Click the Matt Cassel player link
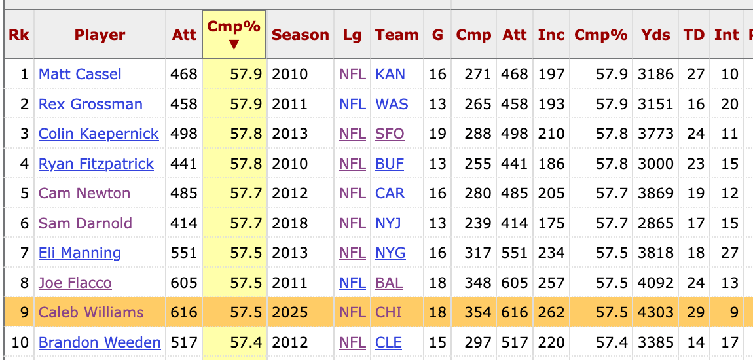coord(80,75)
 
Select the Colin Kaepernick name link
coord(98,134)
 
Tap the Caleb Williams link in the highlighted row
coord(91,313)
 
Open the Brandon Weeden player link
coord(100,342)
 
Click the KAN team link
coord(390,75)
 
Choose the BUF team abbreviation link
coord(390,164)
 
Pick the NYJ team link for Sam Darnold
coord(388,224)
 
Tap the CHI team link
coord(388,313)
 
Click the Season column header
coord(301,35)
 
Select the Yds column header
coord(655,35)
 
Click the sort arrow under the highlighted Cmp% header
coord(234,45)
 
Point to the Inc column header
coord(551,35)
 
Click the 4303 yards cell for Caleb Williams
coord(656,313)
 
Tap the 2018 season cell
coord(289,224)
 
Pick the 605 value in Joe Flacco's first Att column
coord(183,283)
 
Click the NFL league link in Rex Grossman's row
coord(352,105)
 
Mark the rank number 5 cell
coord(25,194)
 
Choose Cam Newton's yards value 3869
coord(656,194)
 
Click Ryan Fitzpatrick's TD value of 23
coord(695,164)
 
